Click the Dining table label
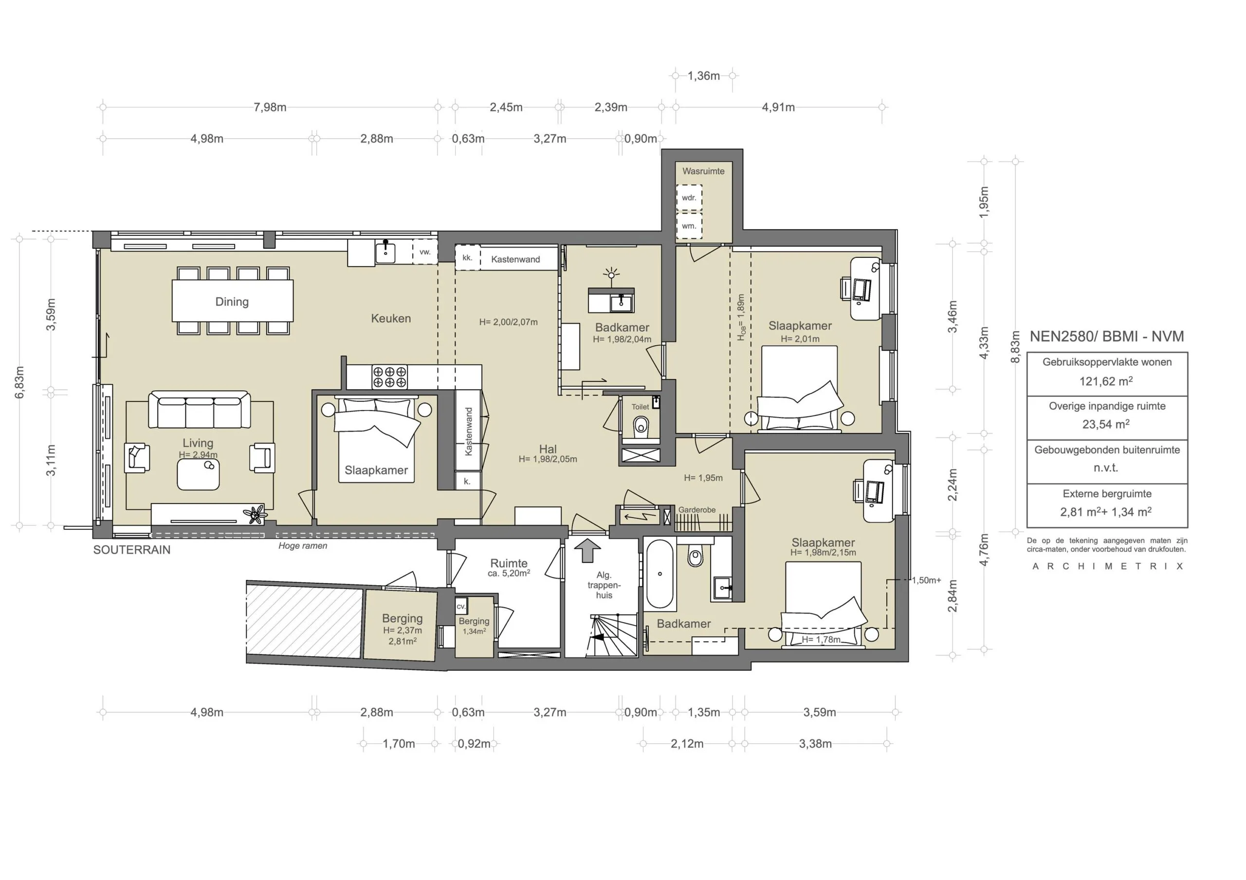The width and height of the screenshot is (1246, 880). [232, 302]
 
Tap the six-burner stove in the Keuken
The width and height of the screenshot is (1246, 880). [390, 377]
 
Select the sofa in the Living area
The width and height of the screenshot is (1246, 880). [199, 411]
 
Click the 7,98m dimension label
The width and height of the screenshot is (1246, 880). [270, 108]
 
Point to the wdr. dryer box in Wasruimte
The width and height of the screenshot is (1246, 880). [689, 198]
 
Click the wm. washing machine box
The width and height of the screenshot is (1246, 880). [689, 226]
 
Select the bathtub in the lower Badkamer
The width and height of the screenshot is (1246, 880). [660, 574]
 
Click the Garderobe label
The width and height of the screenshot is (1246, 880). [697, 510]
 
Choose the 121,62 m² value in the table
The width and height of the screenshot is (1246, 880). [1106, 381]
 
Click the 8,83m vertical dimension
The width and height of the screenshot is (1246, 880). [1015, 348]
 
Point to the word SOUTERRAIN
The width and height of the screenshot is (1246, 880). [132, 550]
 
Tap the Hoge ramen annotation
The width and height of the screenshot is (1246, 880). [303, 546]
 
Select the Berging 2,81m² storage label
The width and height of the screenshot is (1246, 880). [402, 629]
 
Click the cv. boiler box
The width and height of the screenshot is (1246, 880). [461, 607]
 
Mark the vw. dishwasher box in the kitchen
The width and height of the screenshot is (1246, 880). [425, 252]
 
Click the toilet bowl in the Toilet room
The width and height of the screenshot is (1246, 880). [641, 425]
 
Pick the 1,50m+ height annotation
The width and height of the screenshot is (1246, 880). [926, 580]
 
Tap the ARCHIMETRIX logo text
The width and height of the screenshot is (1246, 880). [1107, 566]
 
